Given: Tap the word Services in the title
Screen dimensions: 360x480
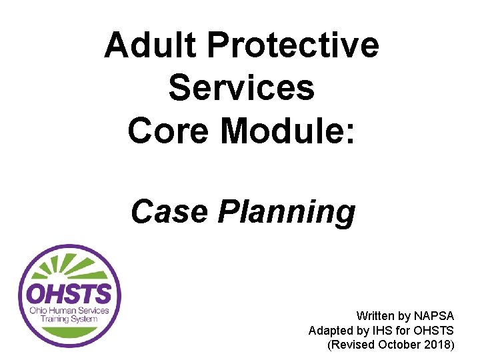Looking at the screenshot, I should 241,87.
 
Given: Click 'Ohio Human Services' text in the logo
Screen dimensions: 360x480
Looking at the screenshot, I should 69,311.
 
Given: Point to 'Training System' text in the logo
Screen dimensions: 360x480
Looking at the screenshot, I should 69,319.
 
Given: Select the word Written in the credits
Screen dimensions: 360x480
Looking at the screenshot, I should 374,315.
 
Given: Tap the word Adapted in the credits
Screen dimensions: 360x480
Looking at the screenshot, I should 329,330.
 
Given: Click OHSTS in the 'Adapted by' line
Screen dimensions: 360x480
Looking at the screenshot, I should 433,330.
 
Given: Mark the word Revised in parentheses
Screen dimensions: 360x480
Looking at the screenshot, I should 352,345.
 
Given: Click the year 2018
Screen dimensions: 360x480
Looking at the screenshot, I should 437,345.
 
